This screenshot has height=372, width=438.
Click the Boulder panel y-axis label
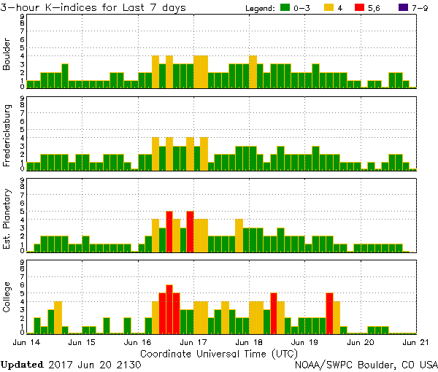tap(7, 55)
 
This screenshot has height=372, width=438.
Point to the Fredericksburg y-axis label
tap(7, 136)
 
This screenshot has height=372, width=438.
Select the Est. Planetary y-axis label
tap(7, 218)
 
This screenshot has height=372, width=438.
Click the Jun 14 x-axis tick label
tap(26, 341)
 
